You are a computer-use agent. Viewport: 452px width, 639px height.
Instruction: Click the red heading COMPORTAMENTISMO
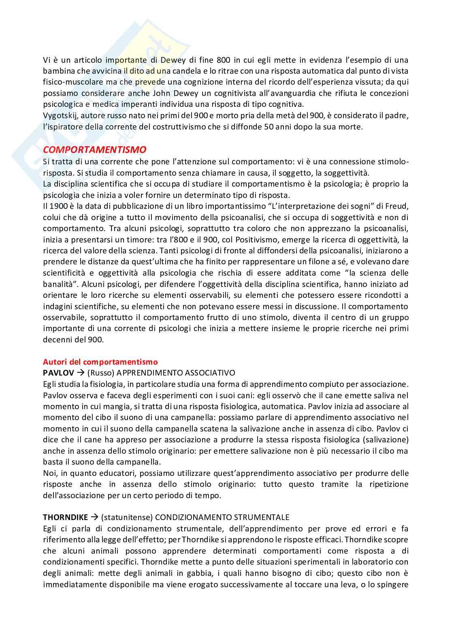pos(94,149)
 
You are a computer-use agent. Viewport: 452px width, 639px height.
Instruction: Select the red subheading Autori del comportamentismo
pos(100,362)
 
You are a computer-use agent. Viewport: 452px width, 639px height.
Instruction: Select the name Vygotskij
pos(59,116)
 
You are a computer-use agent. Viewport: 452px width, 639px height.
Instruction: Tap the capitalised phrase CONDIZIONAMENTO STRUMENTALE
pos(222,517)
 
